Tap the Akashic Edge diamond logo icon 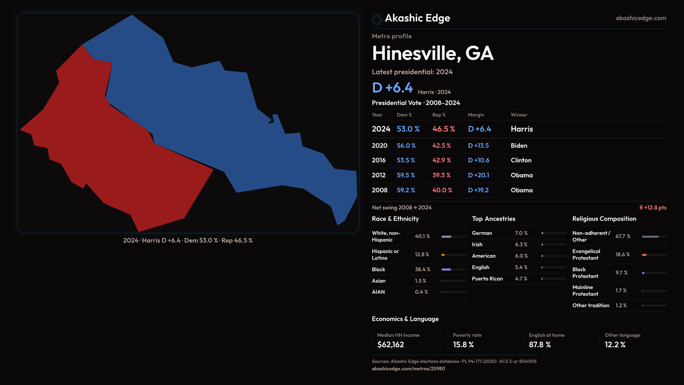[x=377, y=19]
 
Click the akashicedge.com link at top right [x=641, y=18]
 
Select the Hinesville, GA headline [x=432, y=53]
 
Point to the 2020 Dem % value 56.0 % [x=406, y=145]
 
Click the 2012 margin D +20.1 [x=478, y=175]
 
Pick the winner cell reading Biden [x=519, y=145]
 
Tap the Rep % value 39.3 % [x=441, y=175]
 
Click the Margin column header [x=476, y=115]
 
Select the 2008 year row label [x=379, y=190]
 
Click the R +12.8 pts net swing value [x=653, y=207]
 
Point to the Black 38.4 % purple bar [x=446, y=269]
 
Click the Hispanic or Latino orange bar [x=443, y=255]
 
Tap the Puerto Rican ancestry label [x=487, y=279]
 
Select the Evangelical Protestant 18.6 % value [x=622, y=255]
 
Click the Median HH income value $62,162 [x=390, y=345]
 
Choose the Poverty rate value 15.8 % [x=463, y=345]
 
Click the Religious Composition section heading [x=604, y=219]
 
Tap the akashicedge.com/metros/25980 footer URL [x=408, y=369]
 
